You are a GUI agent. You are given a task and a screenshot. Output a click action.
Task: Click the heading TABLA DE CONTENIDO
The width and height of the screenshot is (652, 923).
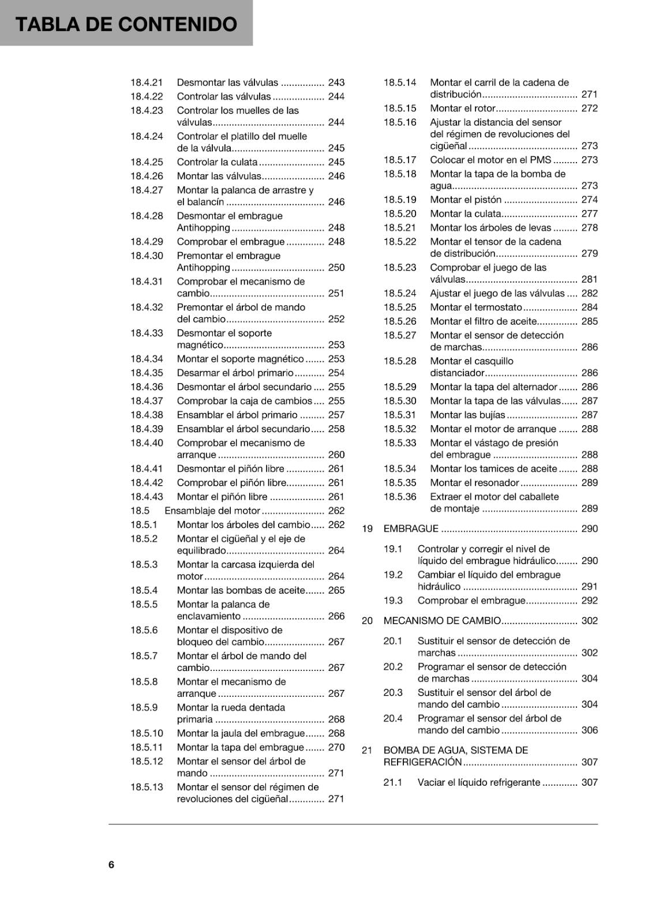[126, 24]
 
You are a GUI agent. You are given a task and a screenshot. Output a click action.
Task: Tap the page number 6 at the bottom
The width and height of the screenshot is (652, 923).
[111, 864]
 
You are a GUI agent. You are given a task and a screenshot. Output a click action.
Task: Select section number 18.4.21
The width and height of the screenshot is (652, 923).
[147, 82]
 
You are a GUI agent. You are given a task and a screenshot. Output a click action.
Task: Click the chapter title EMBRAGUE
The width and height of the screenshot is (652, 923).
[411, 528]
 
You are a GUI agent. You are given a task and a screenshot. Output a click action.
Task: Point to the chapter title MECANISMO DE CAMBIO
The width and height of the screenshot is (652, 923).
[442, 621]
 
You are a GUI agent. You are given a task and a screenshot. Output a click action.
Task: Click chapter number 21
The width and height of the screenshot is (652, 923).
[367, 750]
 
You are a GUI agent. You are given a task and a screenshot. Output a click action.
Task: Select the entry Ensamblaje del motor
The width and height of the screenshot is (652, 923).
[212, 511]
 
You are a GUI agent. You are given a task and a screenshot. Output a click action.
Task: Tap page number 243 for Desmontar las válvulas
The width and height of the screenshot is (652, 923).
[336, 82]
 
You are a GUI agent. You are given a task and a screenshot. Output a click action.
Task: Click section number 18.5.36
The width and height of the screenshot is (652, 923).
[400, 497]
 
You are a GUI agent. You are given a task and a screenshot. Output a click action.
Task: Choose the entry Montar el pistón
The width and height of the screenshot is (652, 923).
[466, 200]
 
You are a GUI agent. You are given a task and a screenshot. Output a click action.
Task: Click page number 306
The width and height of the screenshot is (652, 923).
[589, 730]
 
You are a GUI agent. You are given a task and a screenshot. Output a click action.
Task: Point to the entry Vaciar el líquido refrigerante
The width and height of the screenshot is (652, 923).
[479, 782]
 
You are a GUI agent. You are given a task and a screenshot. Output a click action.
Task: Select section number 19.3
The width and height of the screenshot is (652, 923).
[393, 601]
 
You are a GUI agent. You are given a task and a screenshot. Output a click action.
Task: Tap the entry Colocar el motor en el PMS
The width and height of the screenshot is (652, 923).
[490, 160]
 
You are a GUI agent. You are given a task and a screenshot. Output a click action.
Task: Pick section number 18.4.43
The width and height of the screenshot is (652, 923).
[147, 497]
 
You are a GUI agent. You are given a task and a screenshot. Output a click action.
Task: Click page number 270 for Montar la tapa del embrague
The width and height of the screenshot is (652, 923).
[336, 747]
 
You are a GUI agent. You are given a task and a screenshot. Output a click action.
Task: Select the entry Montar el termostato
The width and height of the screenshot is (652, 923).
[475, 307]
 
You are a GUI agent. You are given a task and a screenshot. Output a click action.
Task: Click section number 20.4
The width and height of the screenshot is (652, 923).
[393, 718]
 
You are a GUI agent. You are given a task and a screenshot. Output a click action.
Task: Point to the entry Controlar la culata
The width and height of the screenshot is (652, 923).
[217, 162]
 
